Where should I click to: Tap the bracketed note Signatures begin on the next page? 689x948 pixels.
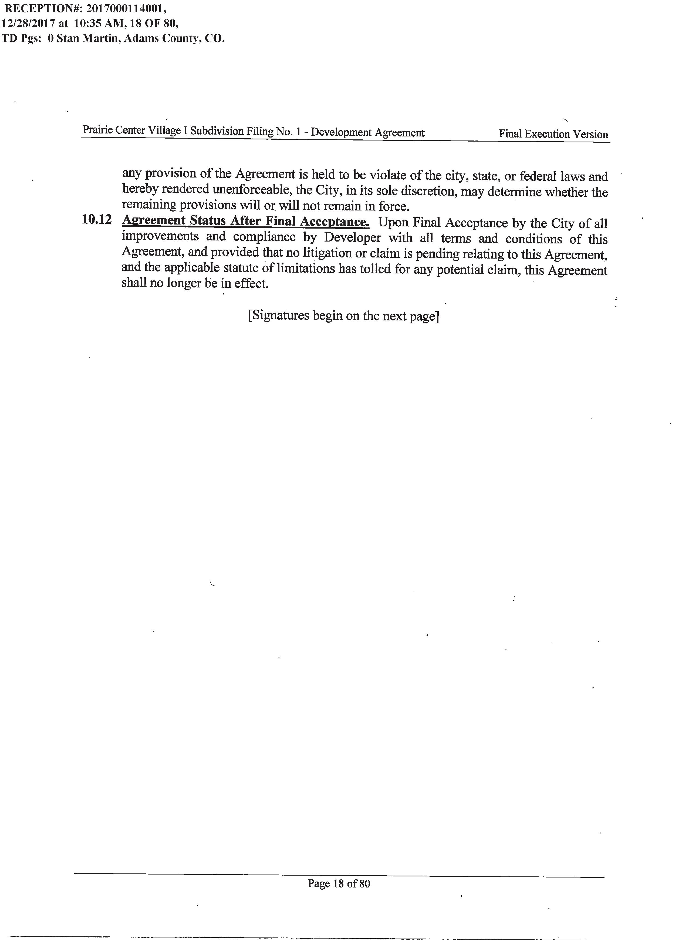(x=343, y=316)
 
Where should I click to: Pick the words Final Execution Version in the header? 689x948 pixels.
(x=553, y=134)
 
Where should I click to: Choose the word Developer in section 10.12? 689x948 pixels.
(x=352, y=237)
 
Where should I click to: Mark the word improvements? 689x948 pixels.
(x=160, y=236)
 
